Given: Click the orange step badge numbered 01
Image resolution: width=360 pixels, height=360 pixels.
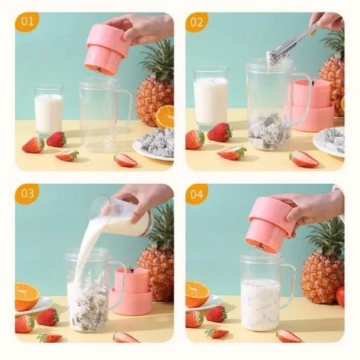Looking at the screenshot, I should coord(27,22).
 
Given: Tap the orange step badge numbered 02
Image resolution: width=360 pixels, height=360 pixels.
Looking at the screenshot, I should coord(197,22).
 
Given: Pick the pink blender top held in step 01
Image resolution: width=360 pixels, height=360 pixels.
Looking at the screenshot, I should coord(106,49).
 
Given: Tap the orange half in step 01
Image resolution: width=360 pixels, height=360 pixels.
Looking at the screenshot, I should coord(165,117).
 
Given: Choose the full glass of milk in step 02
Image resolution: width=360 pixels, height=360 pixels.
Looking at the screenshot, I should coord(210,101).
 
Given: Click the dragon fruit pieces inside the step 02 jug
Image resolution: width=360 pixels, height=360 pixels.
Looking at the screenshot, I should coord(269,130).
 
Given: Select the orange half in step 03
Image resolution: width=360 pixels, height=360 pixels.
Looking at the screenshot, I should coord(27,296).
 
